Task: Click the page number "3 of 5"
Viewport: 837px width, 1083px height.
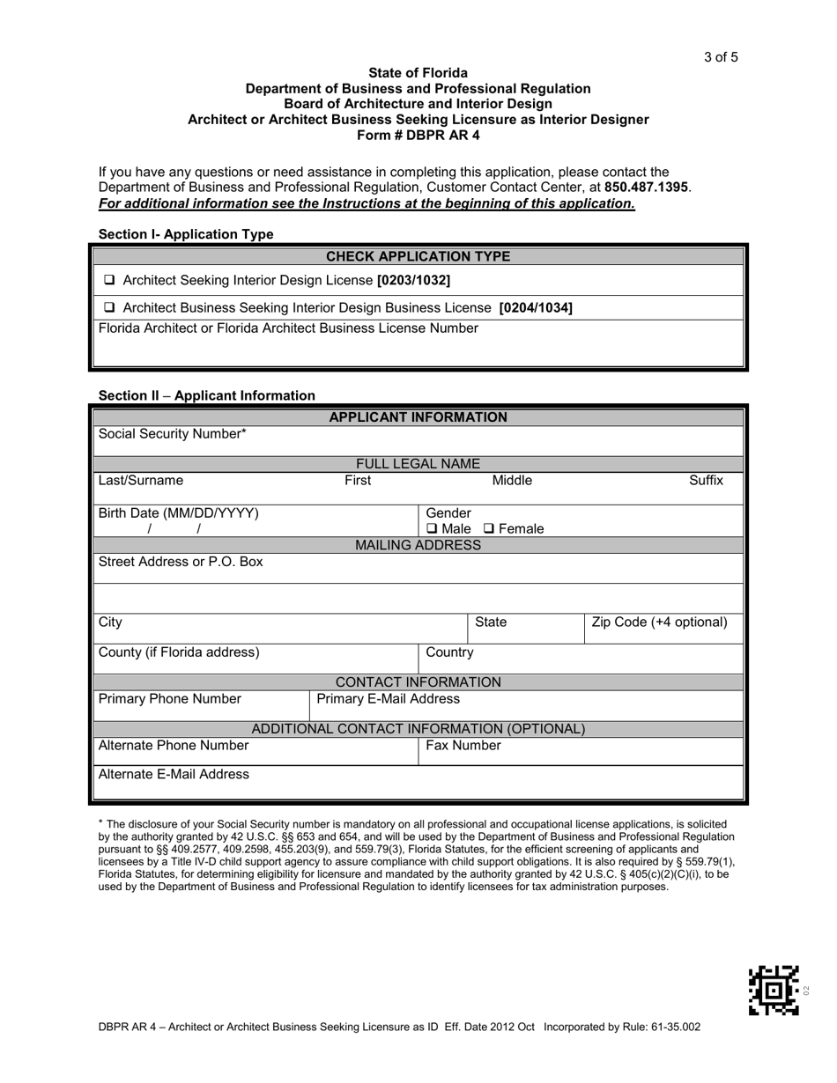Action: click(x=720, y=58)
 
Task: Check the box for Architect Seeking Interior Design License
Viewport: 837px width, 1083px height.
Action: click(x=109, y=281)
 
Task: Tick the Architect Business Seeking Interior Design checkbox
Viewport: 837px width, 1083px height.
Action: click(x=109, y=308)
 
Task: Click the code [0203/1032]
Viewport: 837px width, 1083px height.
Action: click(x=413, y=281)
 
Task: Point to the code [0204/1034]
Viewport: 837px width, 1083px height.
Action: click(x=535, y=308)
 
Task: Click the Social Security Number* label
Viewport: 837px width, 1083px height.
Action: click(x=173, y=434)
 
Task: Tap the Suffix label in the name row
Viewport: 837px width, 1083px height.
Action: click(x=706, y=481)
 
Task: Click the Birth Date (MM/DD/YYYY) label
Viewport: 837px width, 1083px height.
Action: click(x=179, y=513)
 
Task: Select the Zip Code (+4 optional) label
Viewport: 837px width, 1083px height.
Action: click(x=660, y=623)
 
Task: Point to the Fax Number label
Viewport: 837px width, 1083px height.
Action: click(x=463, y=746)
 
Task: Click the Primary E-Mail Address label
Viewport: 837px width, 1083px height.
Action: click(x=388, y=699)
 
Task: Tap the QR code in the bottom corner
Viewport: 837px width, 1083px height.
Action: click(x=773, y=990)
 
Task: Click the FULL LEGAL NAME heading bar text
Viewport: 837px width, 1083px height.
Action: click(x=418, y=464)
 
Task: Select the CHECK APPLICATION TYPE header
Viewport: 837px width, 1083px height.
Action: click(x=418, y=257)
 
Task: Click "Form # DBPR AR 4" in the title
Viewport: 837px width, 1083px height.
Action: click(x=418, y=136)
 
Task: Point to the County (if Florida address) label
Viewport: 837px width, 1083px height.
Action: click(x=179, y=652)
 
